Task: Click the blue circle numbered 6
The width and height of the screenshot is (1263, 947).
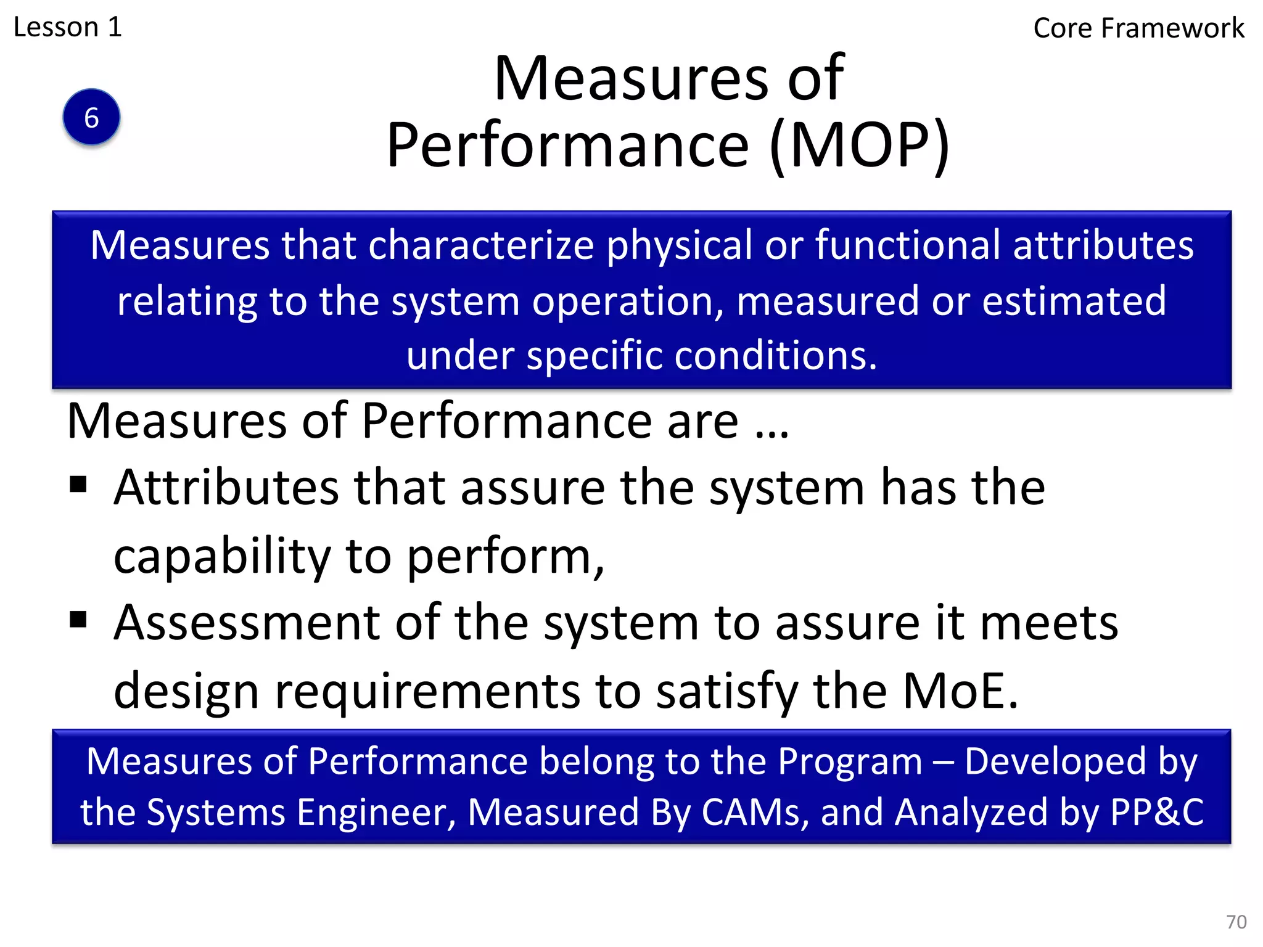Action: tap(91, 117)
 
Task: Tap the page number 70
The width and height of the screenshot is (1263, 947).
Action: tap(1236, 922)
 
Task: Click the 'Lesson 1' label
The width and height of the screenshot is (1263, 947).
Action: tap(68, 27)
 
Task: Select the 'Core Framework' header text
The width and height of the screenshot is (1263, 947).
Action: tap(1138, 28)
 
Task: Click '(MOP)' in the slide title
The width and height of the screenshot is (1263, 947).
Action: tap(860, 146)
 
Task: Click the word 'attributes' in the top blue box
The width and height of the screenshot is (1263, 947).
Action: tap(1103, 245)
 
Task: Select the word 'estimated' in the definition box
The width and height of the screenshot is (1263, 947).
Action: tap(1074, 301)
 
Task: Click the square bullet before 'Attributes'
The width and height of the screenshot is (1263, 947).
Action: tap(78, 485)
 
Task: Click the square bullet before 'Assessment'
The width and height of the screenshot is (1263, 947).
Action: tap(78, 619)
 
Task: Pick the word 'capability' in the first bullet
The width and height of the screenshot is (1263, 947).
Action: tap(222, 556)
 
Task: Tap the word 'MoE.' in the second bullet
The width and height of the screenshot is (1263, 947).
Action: tap(960, 691)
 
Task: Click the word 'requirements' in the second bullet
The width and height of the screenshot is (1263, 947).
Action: tap(427, 691)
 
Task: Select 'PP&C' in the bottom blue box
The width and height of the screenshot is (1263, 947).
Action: tap(1157, 812)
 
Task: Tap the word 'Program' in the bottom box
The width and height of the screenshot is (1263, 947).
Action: tap(850, 761)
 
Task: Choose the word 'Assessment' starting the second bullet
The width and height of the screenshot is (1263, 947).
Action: tap(247, 623)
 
